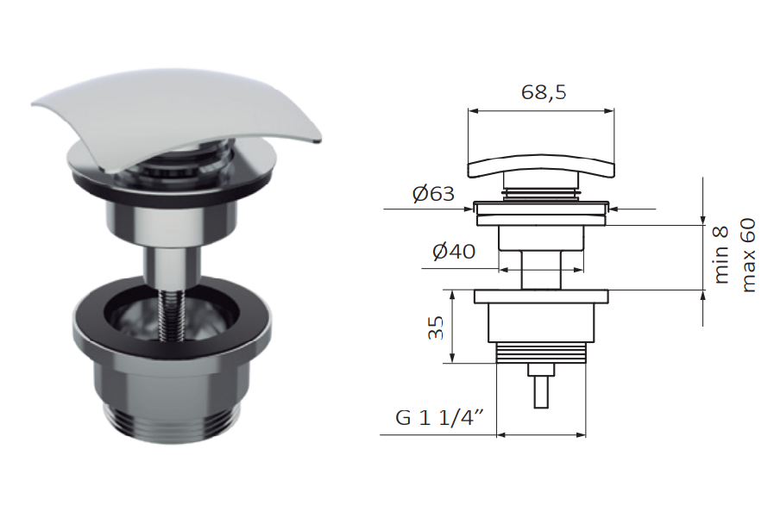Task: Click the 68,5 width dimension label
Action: pos(544,92)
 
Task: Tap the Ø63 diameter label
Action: pos(433,194)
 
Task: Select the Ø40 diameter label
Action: pos(454,252)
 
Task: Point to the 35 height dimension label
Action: pos(436,328)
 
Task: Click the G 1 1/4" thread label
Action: pos(439,418)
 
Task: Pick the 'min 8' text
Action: pos(721,255)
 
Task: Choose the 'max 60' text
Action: pos(748,255)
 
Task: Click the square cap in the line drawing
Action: pos(541,166)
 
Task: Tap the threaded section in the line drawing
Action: pos(541,353)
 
